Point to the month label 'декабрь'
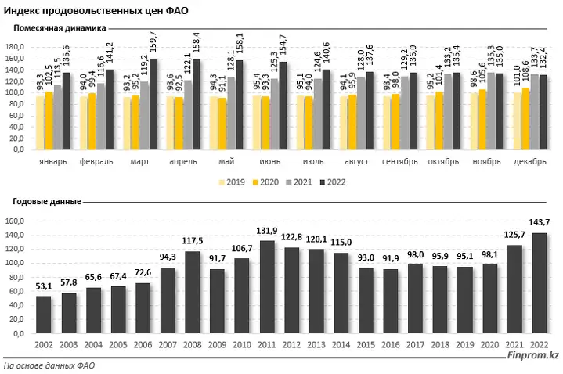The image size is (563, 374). (x=529, y=161)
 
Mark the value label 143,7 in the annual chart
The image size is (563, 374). (x=538, y=225)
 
